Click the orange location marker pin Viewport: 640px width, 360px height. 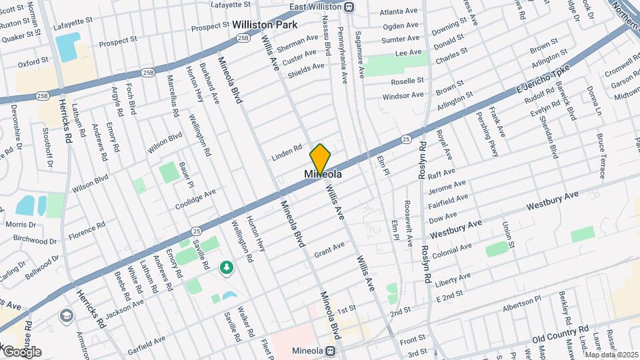click(x=320, y=159)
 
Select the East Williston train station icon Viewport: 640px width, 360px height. click(x=349, y=7)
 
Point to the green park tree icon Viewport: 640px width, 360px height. click(x=227, y=267)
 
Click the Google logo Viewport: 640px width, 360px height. click(x=22, y=351)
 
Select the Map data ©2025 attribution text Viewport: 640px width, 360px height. click(x=610, y=355)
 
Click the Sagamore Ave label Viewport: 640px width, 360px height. click(x=360, y=51)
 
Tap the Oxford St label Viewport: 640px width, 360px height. click(x=33, y=63)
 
